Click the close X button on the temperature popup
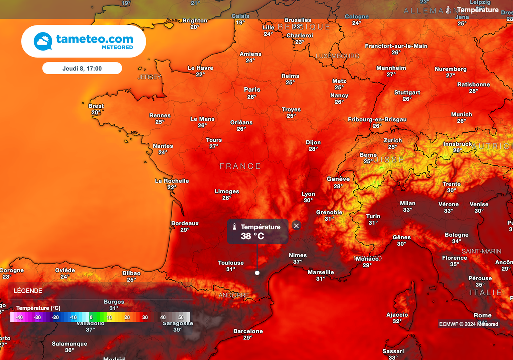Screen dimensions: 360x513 pos(296,226)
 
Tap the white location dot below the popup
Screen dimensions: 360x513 pos(257,273)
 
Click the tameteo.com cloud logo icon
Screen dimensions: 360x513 pos(43,41)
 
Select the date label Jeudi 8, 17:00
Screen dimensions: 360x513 pos(82,68)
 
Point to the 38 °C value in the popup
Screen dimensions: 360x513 pos(252,236)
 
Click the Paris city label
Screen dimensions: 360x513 pos(252,90)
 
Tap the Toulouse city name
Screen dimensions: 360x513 pos(231,263)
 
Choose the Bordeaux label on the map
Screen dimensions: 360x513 pos(185,223)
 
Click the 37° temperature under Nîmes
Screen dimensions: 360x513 pos(298,262)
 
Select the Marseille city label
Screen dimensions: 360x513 pos(321,272)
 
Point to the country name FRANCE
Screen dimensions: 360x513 pos(240,166)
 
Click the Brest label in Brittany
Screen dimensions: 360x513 pos(96,106)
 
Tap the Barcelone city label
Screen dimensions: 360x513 pos(248,331)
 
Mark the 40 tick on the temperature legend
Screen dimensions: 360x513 pos(163,317)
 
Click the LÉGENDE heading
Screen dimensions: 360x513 pos(28,291)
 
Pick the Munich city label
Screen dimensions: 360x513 pos(461,114)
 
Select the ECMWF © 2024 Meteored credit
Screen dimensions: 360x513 pos(468,324)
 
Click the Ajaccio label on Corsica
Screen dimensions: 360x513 pos(397,315)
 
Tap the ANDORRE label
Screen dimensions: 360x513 pos(234,295)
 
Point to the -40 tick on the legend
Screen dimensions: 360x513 pos(19,317)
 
